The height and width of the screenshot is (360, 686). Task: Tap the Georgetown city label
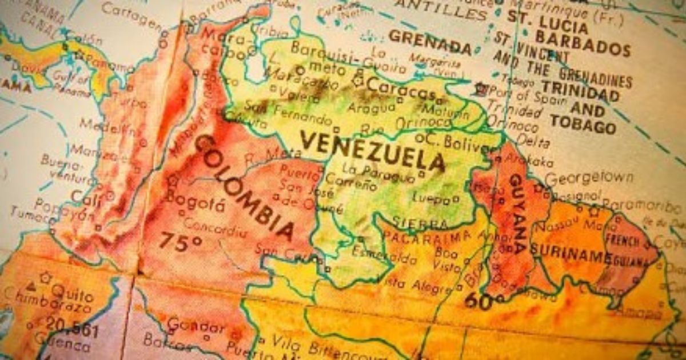(x=588, y=178)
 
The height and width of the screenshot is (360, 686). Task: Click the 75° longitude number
(x=180, y=241)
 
